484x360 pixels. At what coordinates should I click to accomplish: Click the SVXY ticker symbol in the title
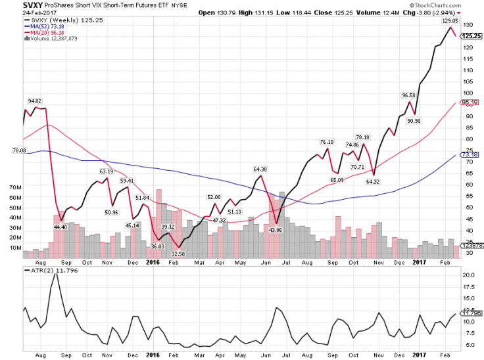coord(13,5)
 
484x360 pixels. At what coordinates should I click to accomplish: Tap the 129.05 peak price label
coord(450,21)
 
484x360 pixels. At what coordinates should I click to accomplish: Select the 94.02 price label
coord(34,101)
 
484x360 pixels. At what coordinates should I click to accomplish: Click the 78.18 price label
coord(362,137)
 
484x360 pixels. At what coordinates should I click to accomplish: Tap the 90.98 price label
coord(415,120)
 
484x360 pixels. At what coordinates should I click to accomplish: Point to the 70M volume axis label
coord(14,187)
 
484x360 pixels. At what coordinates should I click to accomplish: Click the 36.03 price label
coord(157,246)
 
